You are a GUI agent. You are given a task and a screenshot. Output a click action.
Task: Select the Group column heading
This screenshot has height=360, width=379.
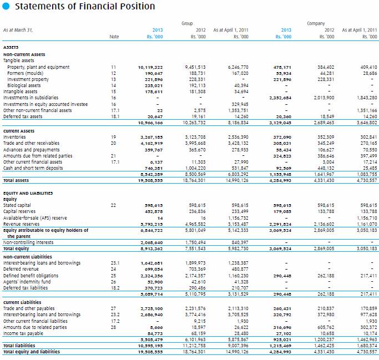(187, 24)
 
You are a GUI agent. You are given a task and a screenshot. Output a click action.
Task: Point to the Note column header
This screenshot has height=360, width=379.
(114, 37)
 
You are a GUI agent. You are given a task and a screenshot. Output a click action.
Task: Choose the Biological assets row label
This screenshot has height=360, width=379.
(24, 85)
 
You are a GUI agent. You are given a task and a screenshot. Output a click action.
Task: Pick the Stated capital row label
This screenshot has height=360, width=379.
(17, 205)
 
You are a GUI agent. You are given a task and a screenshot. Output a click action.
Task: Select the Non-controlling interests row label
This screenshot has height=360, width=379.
(28, 242)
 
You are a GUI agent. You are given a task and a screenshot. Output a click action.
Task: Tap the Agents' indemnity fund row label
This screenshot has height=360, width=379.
(27, 281)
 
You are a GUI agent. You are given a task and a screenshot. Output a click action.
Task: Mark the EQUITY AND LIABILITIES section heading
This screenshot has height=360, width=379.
(29, 193)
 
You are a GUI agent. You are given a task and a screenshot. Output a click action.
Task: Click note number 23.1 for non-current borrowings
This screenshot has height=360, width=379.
(115, 262)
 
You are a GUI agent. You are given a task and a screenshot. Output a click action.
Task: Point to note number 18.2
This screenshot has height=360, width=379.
(115, 287)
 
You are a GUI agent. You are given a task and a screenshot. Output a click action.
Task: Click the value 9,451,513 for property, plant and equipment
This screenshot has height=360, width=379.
(195, 67)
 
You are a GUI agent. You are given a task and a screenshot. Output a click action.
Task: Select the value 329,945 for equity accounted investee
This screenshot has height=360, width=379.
(239, 104)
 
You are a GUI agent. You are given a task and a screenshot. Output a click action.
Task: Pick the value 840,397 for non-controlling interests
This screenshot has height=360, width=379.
(239, 242)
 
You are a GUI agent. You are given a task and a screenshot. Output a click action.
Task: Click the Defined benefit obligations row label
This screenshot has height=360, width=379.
(31, 275)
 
